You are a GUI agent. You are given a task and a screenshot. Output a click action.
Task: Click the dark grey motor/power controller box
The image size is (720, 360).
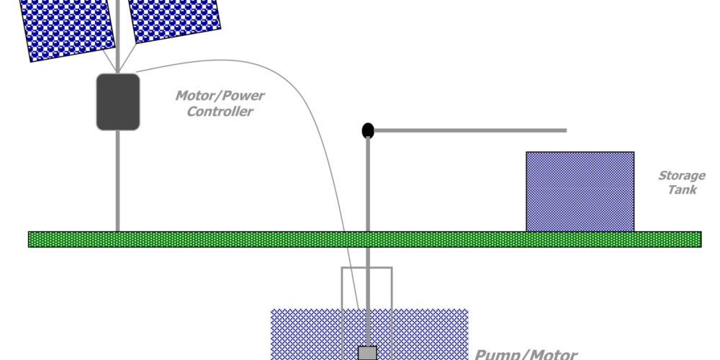(x=117, y=102)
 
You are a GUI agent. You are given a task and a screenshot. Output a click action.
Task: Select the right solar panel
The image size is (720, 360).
(x=175, y=19)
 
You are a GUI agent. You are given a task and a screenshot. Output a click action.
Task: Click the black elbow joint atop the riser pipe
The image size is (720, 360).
(x=368, y=130)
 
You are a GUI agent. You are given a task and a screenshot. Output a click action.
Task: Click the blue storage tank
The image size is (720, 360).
(x=580, y=191)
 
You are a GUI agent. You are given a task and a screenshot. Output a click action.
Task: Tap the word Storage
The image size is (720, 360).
(x=681, y=176)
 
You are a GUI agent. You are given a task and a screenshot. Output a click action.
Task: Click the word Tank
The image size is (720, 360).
(x=681, y=190)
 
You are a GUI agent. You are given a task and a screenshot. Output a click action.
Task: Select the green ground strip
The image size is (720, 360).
(x=216, y=239)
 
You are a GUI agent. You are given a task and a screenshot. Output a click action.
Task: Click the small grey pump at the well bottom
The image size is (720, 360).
(x=368, y=353)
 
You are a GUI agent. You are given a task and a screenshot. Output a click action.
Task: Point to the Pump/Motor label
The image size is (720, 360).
(x=526, y=354)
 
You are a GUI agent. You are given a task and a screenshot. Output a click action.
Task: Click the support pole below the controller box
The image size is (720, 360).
(x=117, y=180)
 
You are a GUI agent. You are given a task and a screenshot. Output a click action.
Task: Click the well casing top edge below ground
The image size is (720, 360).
(x=366, y=269)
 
